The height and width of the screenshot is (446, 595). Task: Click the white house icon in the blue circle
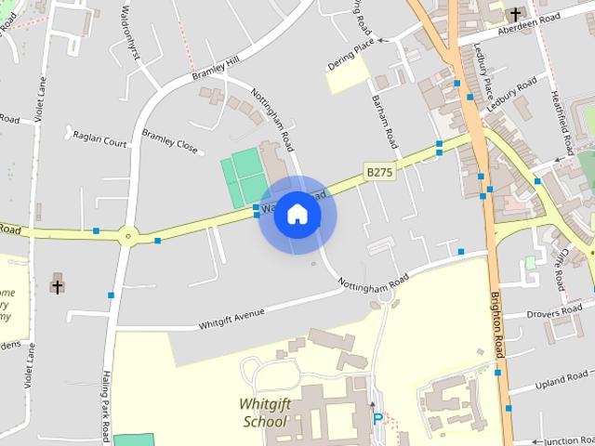coord(297,214)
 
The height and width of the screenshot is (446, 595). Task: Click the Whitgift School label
coord(265,412)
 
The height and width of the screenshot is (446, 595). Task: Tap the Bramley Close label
coord(170,140)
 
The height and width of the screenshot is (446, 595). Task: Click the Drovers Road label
coord(554,313)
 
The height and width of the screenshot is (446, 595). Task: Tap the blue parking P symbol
coord(377,419)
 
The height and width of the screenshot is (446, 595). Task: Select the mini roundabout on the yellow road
coord(127,236)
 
